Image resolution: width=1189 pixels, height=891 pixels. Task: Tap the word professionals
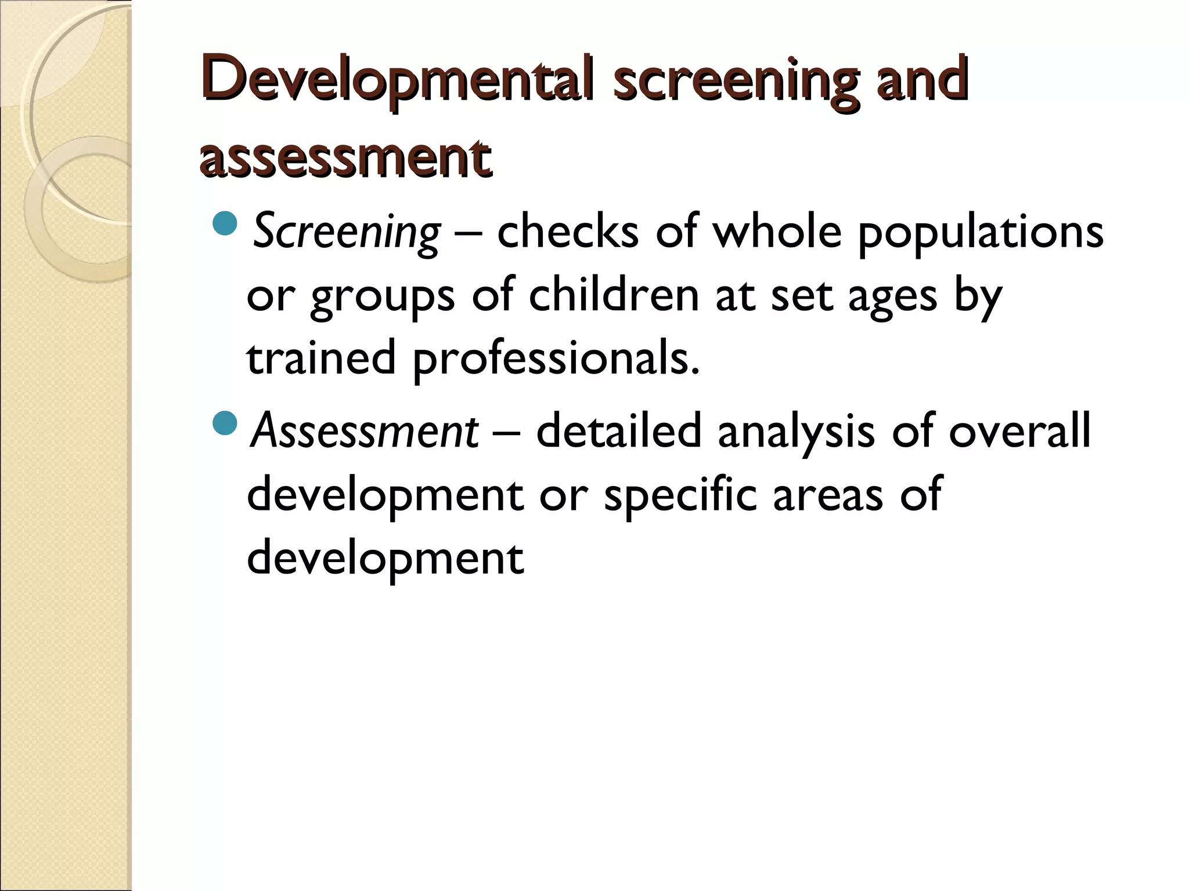click(556, 358)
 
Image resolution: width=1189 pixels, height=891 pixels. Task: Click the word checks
click(568, 231)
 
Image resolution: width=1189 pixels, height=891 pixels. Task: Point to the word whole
click(777, 231)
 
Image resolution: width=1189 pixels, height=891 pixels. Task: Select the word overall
click(1019, 430)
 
